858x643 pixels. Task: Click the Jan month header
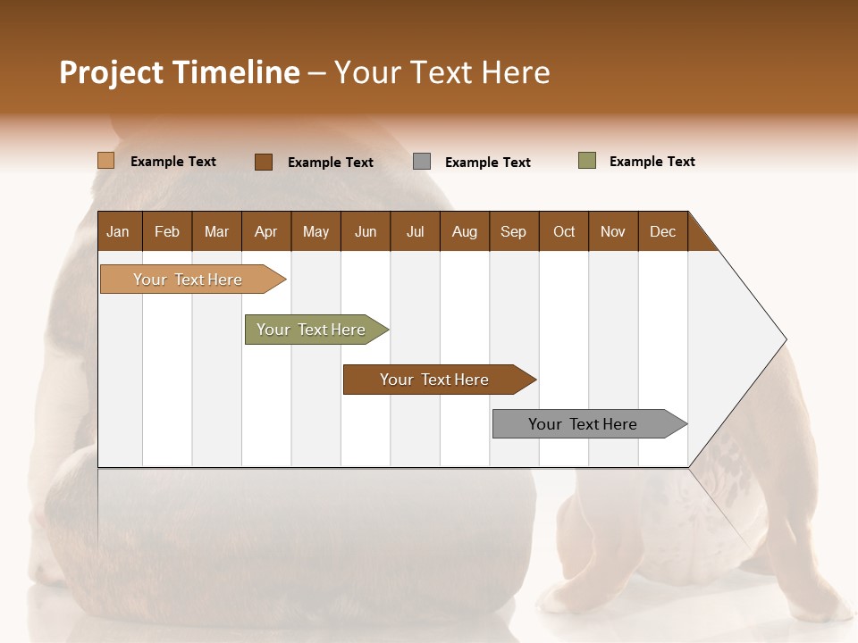[118, 231]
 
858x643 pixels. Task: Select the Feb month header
[167, 231]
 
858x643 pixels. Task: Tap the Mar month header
[216, 231]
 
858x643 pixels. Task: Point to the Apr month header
[265, 231]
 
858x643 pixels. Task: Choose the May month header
[315, 231]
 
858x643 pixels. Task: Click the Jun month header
[366, 231]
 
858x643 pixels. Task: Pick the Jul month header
[415, 231]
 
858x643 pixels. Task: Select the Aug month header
[464, 231]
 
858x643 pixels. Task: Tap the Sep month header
[513, 231]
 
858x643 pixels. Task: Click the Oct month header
[564, 231]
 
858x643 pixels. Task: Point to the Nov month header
[612, 231]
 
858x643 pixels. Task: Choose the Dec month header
[662, 231]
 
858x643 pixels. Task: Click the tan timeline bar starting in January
[189, 280]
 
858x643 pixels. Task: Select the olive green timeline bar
[312, 330]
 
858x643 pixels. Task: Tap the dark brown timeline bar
[435, 380]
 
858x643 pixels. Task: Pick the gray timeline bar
[584, 424]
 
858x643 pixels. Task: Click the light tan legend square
[106, 161]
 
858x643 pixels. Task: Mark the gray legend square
[422, 162]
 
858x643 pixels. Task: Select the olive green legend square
[587, 161]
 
